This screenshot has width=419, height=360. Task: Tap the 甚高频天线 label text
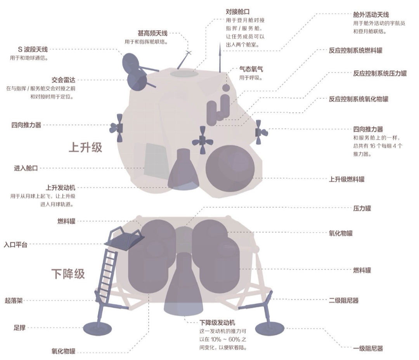click(152, 33)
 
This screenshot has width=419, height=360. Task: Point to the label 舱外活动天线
click(371, 15)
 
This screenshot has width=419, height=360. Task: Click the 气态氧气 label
click(251, 70)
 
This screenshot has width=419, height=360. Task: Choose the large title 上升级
click(85, 148)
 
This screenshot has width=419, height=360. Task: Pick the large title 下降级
click(68, 273)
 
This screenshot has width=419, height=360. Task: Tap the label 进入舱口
click(26, 168)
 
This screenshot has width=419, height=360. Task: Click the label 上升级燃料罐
click(346, 179)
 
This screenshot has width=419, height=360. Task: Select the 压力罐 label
click(362, 208)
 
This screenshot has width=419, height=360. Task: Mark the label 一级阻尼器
click(368, 348)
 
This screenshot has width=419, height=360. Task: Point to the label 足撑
click(19, 327)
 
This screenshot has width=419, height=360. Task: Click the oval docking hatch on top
click(184, 73)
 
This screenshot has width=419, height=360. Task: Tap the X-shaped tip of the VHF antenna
click(189, 52)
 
